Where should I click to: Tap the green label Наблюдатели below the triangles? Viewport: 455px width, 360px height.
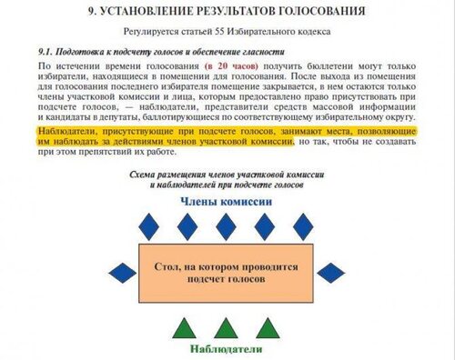pyautogui.click(x=227, y=348)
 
